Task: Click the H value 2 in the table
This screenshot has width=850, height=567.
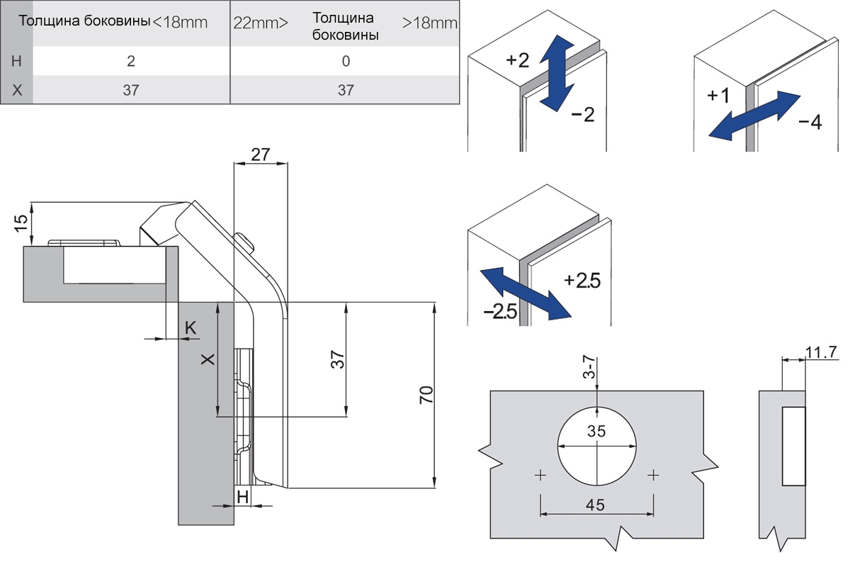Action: click(131, 61)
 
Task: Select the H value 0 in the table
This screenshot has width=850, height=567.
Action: click(346, 61)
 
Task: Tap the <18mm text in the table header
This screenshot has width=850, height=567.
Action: click(180, 23)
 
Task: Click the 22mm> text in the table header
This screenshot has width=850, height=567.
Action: click(261, 23)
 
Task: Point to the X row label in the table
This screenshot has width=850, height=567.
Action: click(17, 91)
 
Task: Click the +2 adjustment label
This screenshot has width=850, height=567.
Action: click(517, 60)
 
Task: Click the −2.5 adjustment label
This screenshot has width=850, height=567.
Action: click(501, 312)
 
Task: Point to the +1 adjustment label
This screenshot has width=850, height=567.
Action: click(718, 95)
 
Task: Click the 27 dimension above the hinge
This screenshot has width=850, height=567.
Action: click(261, 155)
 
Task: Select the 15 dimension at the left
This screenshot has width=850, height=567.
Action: click(21, 223)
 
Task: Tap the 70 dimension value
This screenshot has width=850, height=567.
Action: click(426, 395)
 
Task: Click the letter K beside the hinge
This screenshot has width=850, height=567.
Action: click(191, 327)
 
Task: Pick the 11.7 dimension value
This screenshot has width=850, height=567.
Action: click(821, 352)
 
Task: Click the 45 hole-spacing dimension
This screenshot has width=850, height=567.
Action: click(595, 505)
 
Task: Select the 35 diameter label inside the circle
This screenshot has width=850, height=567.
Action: click(596, 431)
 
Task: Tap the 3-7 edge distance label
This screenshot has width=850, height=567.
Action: click(589, 367)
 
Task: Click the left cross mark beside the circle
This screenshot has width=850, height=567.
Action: click(540, 475)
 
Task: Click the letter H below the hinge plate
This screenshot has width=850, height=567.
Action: click(242, 497)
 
